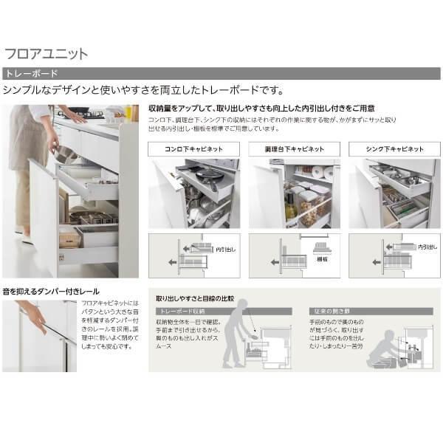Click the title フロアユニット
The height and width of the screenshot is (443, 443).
pos(46,53)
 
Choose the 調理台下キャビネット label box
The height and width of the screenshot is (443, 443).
pos(293,148)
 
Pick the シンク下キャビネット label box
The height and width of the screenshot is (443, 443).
pos(394,148)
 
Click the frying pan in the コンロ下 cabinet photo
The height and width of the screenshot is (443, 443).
pos(209,176)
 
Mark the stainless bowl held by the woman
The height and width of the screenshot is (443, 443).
pos(65,156)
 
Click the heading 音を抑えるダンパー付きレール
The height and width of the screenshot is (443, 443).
pos(51,292)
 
